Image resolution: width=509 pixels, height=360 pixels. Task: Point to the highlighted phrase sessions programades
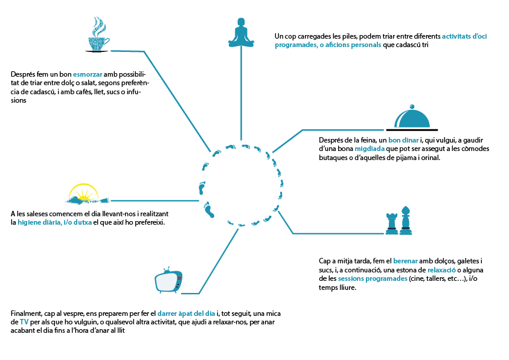coord(373,278)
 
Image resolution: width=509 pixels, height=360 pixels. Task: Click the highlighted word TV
coord(24,323)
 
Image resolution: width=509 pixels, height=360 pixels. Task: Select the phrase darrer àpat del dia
coord(187,313)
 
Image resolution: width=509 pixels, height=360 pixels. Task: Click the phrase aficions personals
coord(354,45)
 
